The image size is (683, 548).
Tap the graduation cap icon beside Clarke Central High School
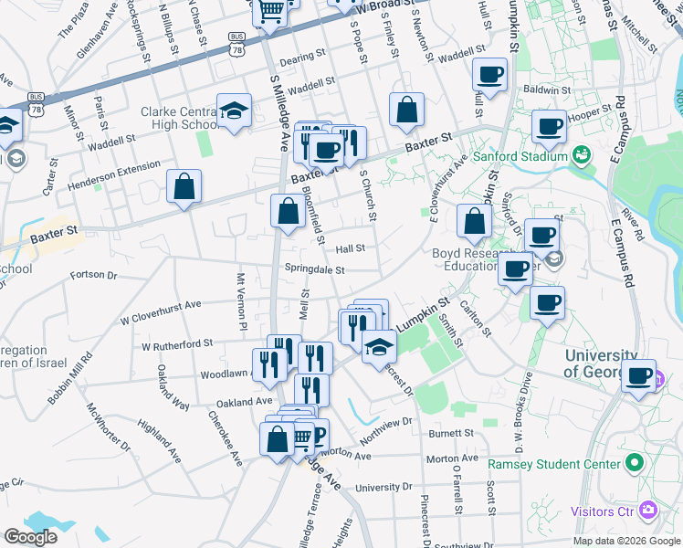235,111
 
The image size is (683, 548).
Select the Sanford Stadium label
520,156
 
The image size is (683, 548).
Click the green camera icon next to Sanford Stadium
580,156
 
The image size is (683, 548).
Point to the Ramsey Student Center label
557,464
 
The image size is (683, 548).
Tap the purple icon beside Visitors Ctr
647,509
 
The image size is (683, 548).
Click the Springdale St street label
314,269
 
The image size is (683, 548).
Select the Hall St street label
350,248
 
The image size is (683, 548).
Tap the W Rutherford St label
176,344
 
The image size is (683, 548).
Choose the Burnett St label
455,433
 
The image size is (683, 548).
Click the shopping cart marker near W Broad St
270,13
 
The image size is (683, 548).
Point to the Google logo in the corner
30,537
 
